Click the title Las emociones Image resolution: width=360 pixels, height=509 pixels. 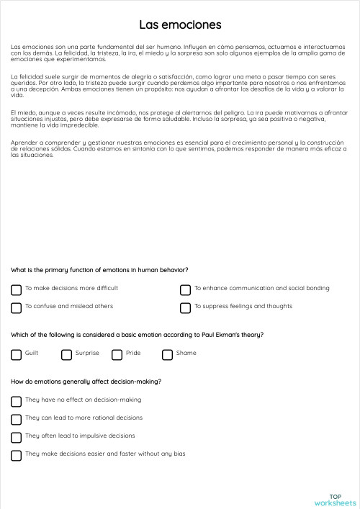pyautogui.click(x=180, y=25)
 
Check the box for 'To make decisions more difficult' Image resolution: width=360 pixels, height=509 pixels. pyautogui.click(x=16, y=289)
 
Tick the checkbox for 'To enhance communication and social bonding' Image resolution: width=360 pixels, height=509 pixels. pyautogui.click(x=185, y=289)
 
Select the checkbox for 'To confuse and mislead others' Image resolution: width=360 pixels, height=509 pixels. pyautogui.click(x=16, y=307)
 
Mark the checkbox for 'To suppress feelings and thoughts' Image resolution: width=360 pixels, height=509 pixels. pyautogui.click(x=185, y=307)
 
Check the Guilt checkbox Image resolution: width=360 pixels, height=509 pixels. pyautogui.click(x=16, y=354)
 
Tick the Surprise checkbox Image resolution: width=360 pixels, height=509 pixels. pyautogui.click(x=66, y=354)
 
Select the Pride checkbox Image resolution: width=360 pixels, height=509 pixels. pyautogui.click(x=117, y=354)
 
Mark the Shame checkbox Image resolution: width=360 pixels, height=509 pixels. pyautogui.click(x=167, y=354)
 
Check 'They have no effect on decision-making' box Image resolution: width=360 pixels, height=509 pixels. pyautogui.click(x=16, y=401)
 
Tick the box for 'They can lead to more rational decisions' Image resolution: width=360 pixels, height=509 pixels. pyautogui.click(x=16, y=419)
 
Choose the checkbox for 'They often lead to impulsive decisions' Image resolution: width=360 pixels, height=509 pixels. pyautogui.click(x=16, y=437)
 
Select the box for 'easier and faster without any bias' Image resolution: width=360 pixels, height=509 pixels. pyautogui.click(x=16, y=455)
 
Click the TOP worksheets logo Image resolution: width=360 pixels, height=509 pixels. pyautogui.click(x=335, y=500)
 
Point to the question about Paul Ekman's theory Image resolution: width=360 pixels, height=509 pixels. pyautogui.click(x=137, y=335)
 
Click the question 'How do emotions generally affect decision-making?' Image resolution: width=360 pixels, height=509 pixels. pyautogui.click(x=86, y=382)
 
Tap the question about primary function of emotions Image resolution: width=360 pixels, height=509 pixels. pyautogui.click(x=99, y=270)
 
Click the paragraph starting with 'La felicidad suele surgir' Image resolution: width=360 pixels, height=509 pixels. pyautogui.click(x=180, y=85)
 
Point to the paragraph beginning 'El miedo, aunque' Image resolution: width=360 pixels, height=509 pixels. pyautogui.click(x=180, y=120)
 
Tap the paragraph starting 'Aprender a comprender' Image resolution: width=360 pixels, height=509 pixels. pyautogui.click(x=180, y=149)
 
